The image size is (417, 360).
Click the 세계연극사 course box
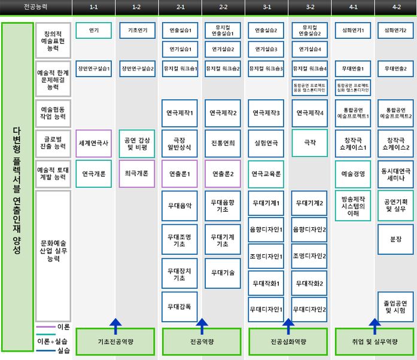[x=94, y=144]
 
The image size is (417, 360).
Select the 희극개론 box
[x=137, y=173]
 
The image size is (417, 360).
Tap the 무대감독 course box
[x=180, y=307]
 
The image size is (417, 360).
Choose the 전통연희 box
[x=223, y=144]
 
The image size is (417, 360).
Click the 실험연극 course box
[x=266, y=144]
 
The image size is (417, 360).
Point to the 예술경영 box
[x=353, y=174]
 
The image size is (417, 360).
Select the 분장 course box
[x=395, y=239]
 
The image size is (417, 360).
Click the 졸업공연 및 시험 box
[x=395, y=306]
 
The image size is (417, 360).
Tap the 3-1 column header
[x=266, y=8]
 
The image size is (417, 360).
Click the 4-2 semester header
[x=395, y=8]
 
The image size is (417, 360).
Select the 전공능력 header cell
[x=36, y=8]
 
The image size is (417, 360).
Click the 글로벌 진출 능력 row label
[x=53, y=144]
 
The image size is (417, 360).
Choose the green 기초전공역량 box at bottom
[x=115, y=341]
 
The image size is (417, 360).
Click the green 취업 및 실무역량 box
[x=375, y=341]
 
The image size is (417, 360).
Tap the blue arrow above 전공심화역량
[x=288, y=326]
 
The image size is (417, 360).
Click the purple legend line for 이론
[x=45, y=327]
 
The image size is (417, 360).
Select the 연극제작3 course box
[x=266, y=113]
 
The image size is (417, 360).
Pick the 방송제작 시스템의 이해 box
[x=353, y=205]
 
